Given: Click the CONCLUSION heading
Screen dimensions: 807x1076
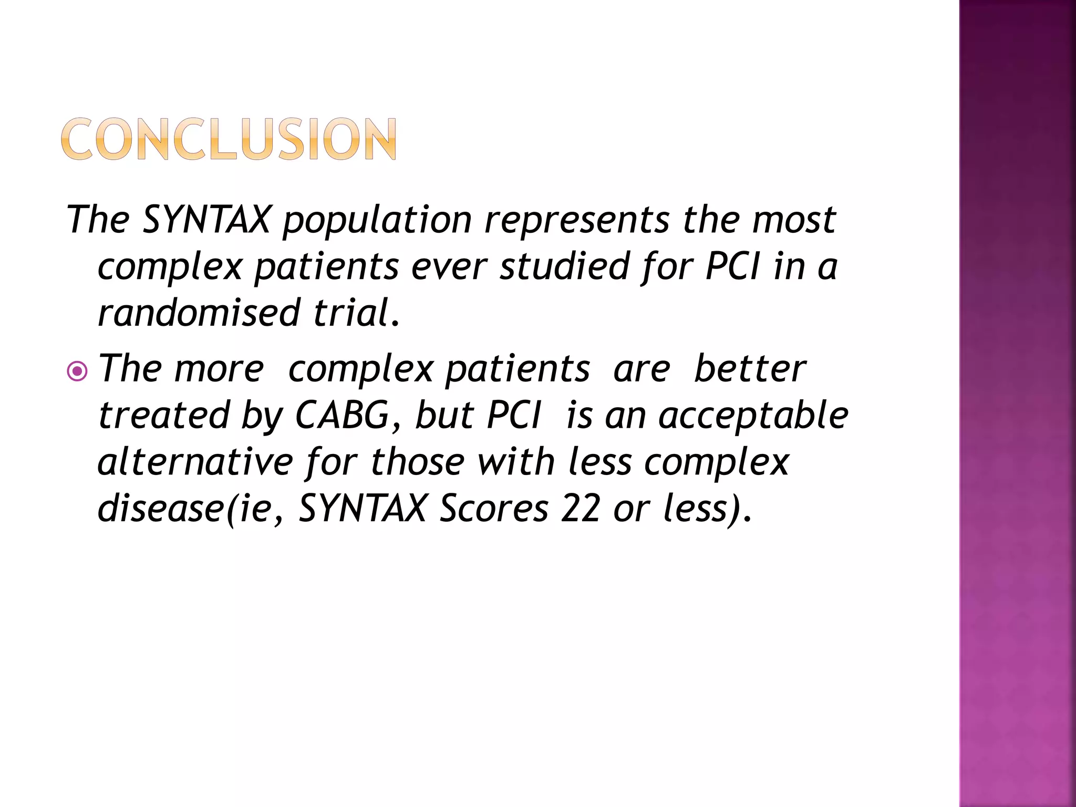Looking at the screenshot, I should pyautogui.click(x=229, y=139).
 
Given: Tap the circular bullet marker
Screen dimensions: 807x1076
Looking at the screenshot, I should pyautogui.click(x=78, y=372).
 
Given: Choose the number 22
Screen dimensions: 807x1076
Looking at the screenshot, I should pyautogui.click(x=580, y=509).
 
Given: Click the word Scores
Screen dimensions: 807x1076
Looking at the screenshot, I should pyautogui.click(x=494, y=509).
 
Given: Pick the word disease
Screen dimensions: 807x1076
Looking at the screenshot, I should pyautogui.click(x=161, y=509).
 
